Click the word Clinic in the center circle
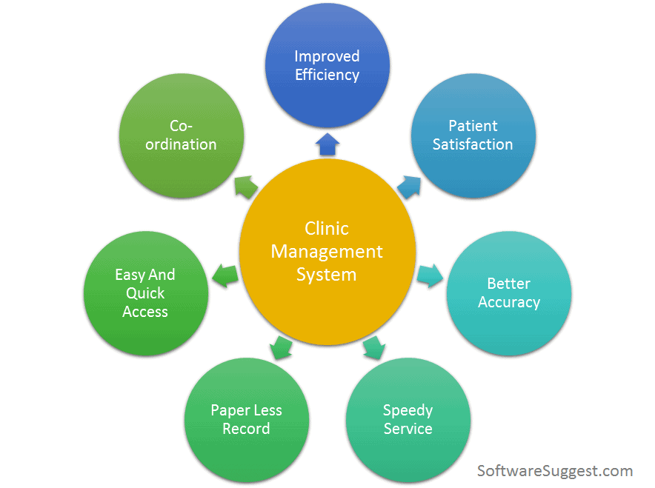click(x=327, y=229)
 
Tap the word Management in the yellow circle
click(x=327, y=252)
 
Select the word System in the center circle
click(x=327, y=275)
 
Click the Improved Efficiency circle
click(x=327, y=65)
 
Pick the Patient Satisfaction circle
click(x=473, y=135)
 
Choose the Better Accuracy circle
click(x=508, y=293)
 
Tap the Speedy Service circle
click(x=408, y=419)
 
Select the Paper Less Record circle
click(x=246, y=419)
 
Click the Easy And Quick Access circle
click(x=145, y=293)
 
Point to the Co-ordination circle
click(x=181, y=135)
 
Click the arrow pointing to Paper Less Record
click(x=279, y=347)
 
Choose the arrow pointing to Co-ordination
click(x=245, y=186)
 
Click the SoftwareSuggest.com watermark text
click(x=555, y=471)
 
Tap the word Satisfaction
click(x=473, y=144)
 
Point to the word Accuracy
click(x=508, y=302)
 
